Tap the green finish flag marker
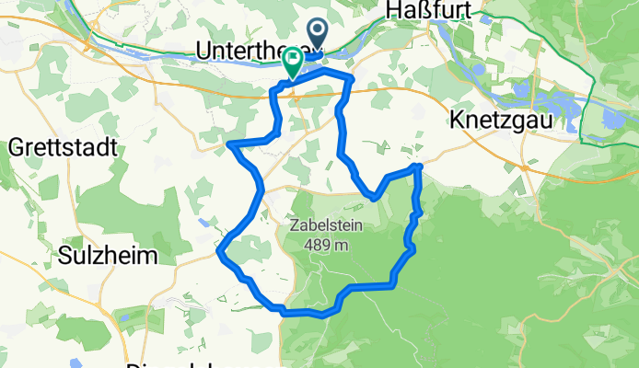(x=293, y=62)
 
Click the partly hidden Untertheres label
(x=249, y=52)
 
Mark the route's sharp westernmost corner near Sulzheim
(x=218, y=250)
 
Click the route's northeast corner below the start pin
(x=352, y=81)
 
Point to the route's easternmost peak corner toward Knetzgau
(x=419, y=166)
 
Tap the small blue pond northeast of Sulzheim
(x=202, y=222)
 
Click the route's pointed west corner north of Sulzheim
(x=229, y=144)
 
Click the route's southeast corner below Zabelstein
(x=394, y=281)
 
